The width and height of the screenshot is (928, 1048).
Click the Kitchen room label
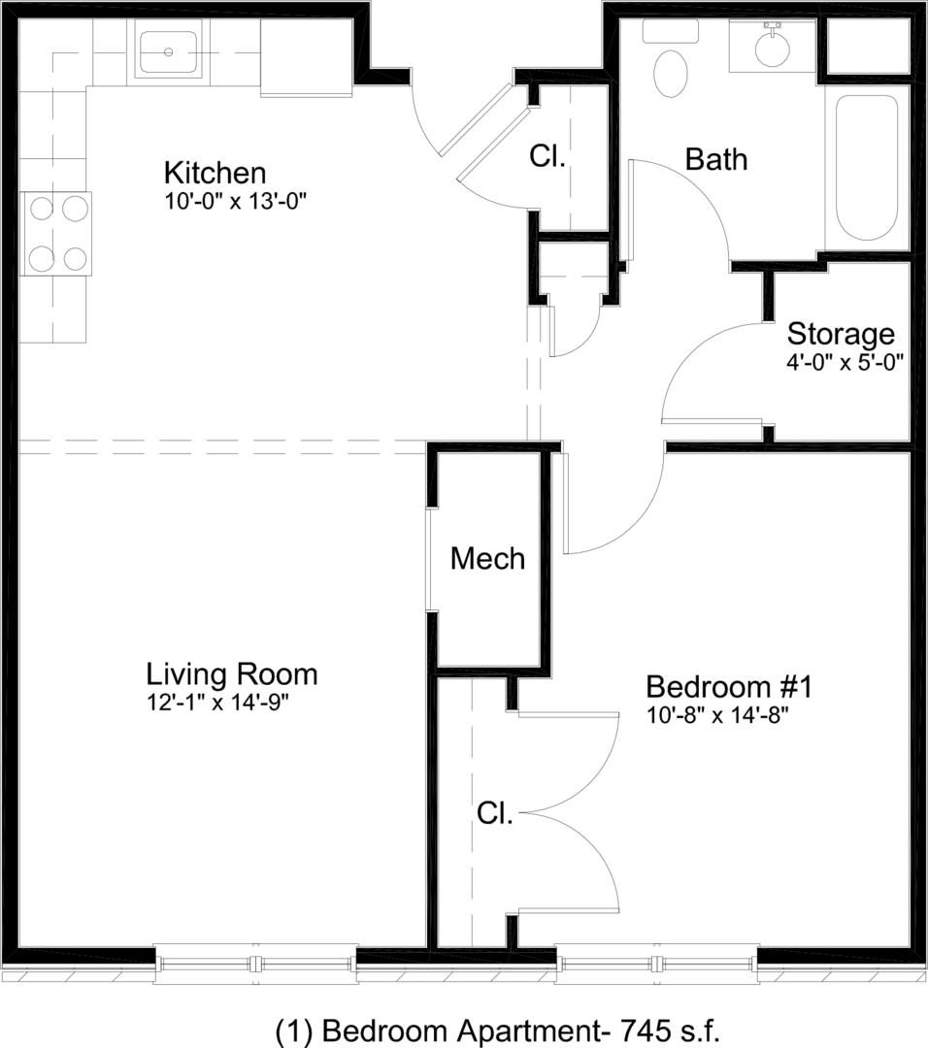click(x=215, y=173)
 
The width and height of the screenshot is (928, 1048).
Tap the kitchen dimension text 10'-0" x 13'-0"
click(x=235, y=201)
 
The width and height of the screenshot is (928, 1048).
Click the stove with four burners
click(x=56, y=233)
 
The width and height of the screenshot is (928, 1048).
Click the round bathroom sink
click(x=773, y=47)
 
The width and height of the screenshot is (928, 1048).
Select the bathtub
click(x=867, y=167)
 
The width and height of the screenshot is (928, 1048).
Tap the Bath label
click(x=716, y=160)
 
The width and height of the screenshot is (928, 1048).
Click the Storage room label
click(x=841, y=334)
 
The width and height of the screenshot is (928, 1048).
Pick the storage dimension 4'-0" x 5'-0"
click(x=845, y=362)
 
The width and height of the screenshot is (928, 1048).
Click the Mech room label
click(x=487, y=559)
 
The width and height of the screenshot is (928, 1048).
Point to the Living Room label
click(x=231, y=674)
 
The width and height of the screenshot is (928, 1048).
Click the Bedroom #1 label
click(x=729, y=687)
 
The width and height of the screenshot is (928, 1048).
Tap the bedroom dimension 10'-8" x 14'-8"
click(x=717, y=715)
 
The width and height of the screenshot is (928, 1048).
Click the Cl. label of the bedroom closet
click(x=495, y=813)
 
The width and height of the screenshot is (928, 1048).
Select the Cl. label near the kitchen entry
click(x=547, y=156)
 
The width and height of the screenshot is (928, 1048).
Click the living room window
click(x=255, y=964)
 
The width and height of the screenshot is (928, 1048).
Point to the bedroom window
click(x=656, y=964)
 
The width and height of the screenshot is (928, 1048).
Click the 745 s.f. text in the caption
click(x=671, y=1030)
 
